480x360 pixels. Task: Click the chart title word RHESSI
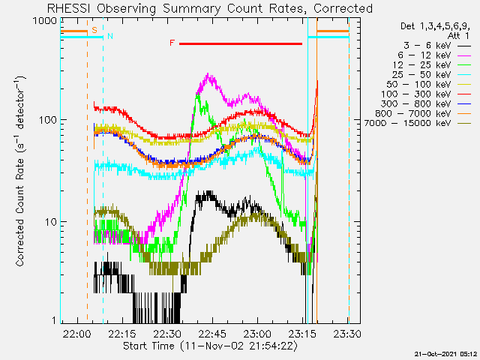click(x=68, y=8)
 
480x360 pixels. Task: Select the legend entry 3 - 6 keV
click(x=427, y=46)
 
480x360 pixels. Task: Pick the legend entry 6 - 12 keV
click(x=424, y=55)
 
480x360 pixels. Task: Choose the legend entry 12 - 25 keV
click(x=421, y=65)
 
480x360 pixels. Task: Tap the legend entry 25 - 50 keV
click(x=421, y=75)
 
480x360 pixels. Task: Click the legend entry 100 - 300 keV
click(x=415, y=94)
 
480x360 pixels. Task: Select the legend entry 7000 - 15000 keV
click(x=407, y=123)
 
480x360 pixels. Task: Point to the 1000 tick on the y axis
click(x=44, y=21)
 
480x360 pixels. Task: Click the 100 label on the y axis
click(x=47, y=120)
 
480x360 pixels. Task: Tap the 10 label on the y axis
click(x=50, y=222)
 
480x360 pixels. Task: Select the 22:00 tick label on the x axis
click(x=77, y=334)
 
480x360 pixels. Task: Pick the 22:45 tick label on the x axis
click(x=211, y=334)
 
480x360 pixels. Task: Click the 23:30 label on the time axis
click(x=346, y=334)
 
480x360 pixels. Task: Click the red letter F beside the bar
click(x=172, y=43)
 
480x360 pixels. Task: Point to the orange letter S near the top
click(x=94, y=30)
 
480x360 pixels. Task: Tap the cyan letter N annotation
click(x=110, y=36)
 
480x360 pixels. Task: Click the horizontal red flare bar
click(x=241, y=43)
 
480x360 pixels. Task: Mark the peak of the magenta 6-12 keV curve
click(x=208, y=73)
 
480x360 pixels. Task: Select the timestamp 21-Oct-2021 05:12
click(x=445, y=354)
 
